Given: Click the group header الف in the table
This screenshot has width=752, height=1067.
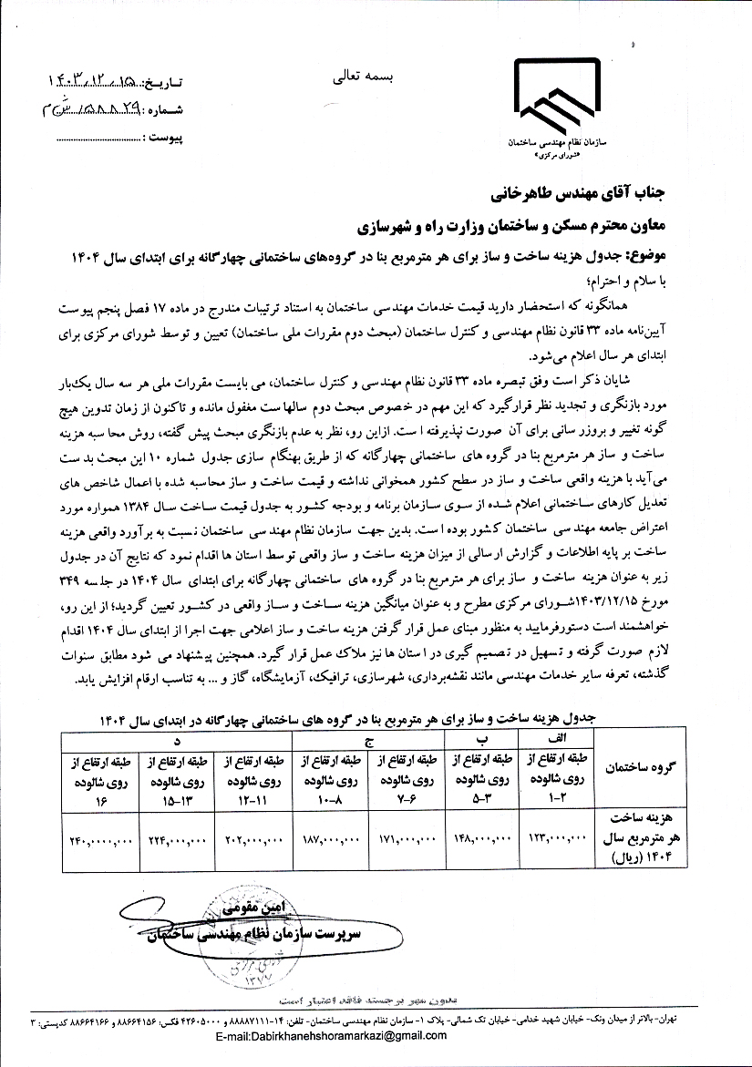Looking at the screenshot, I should tap(555, 739).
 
